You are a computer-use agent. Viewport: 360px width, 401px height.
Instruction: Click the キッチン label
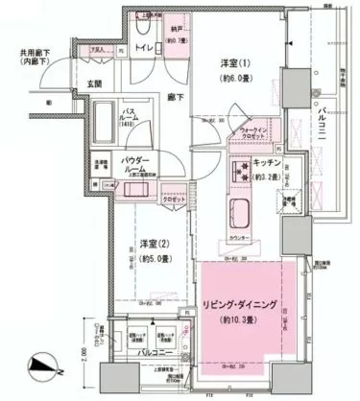[x=266, y=164]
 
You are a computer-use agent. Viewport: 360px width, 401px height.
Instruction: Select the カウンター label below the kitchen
[x=242, y=237]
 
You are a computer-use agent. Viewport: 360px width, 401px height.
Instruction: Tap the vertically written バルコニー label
[x=323, y=126]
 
